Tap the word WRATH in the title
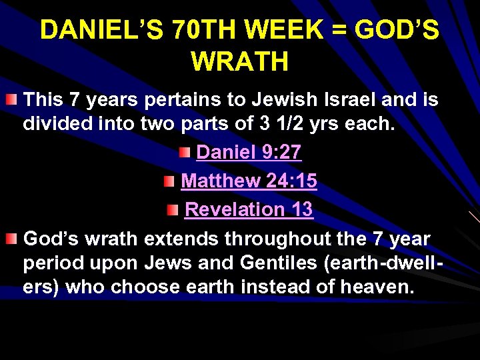(x=240, y=61)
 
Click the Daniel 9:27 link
(x=249, y=152)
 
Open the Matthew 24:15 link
(x=249, y=181)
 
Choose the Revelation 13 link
(x=249, y=209)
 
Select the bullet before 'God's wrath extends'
(x=11, y=239)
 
